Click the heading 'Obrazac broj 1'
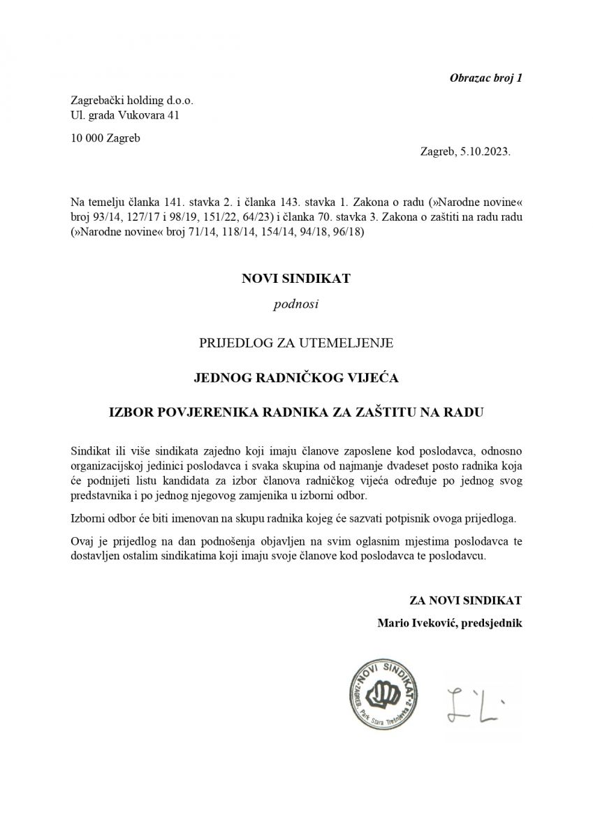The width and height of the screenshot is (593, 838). [484, 78]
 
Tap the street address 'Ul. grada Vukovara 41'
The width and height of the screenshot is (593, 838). [125, 115]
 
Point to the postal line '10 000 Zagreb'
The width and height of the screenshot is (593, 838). [105, 138]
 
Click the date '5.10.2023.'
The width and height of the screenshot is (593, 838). [485, 150]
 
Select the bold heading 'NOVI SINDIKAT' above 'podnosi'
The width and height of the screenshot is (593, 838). [295, 279]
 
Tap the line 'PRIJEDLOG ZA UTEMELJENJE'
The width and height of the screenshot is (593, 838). [296, 342]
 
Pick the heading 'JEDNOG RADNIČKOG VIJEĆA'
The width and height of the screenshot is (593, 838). [296, 378]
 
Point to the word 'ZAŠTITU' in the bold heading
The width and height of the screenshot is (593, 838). [381, 413]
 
